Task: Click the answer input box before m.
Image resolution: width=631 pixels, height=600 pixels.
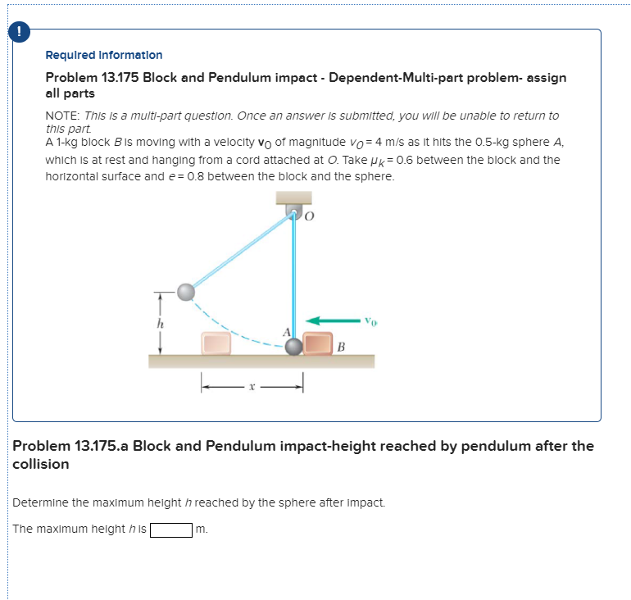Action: tap(170, 530)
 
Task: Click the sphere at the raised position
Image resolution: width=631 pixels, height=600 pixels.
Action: tap(187, 291)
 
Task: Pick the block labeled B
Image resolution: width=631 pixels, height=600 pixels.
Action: tap(317, 343)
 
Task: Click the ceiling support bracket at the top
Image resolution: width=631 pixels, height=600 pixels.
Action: tap(293, 198)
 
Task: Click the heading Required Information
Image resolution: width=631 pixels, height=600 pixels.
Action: tap(103, 55)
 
